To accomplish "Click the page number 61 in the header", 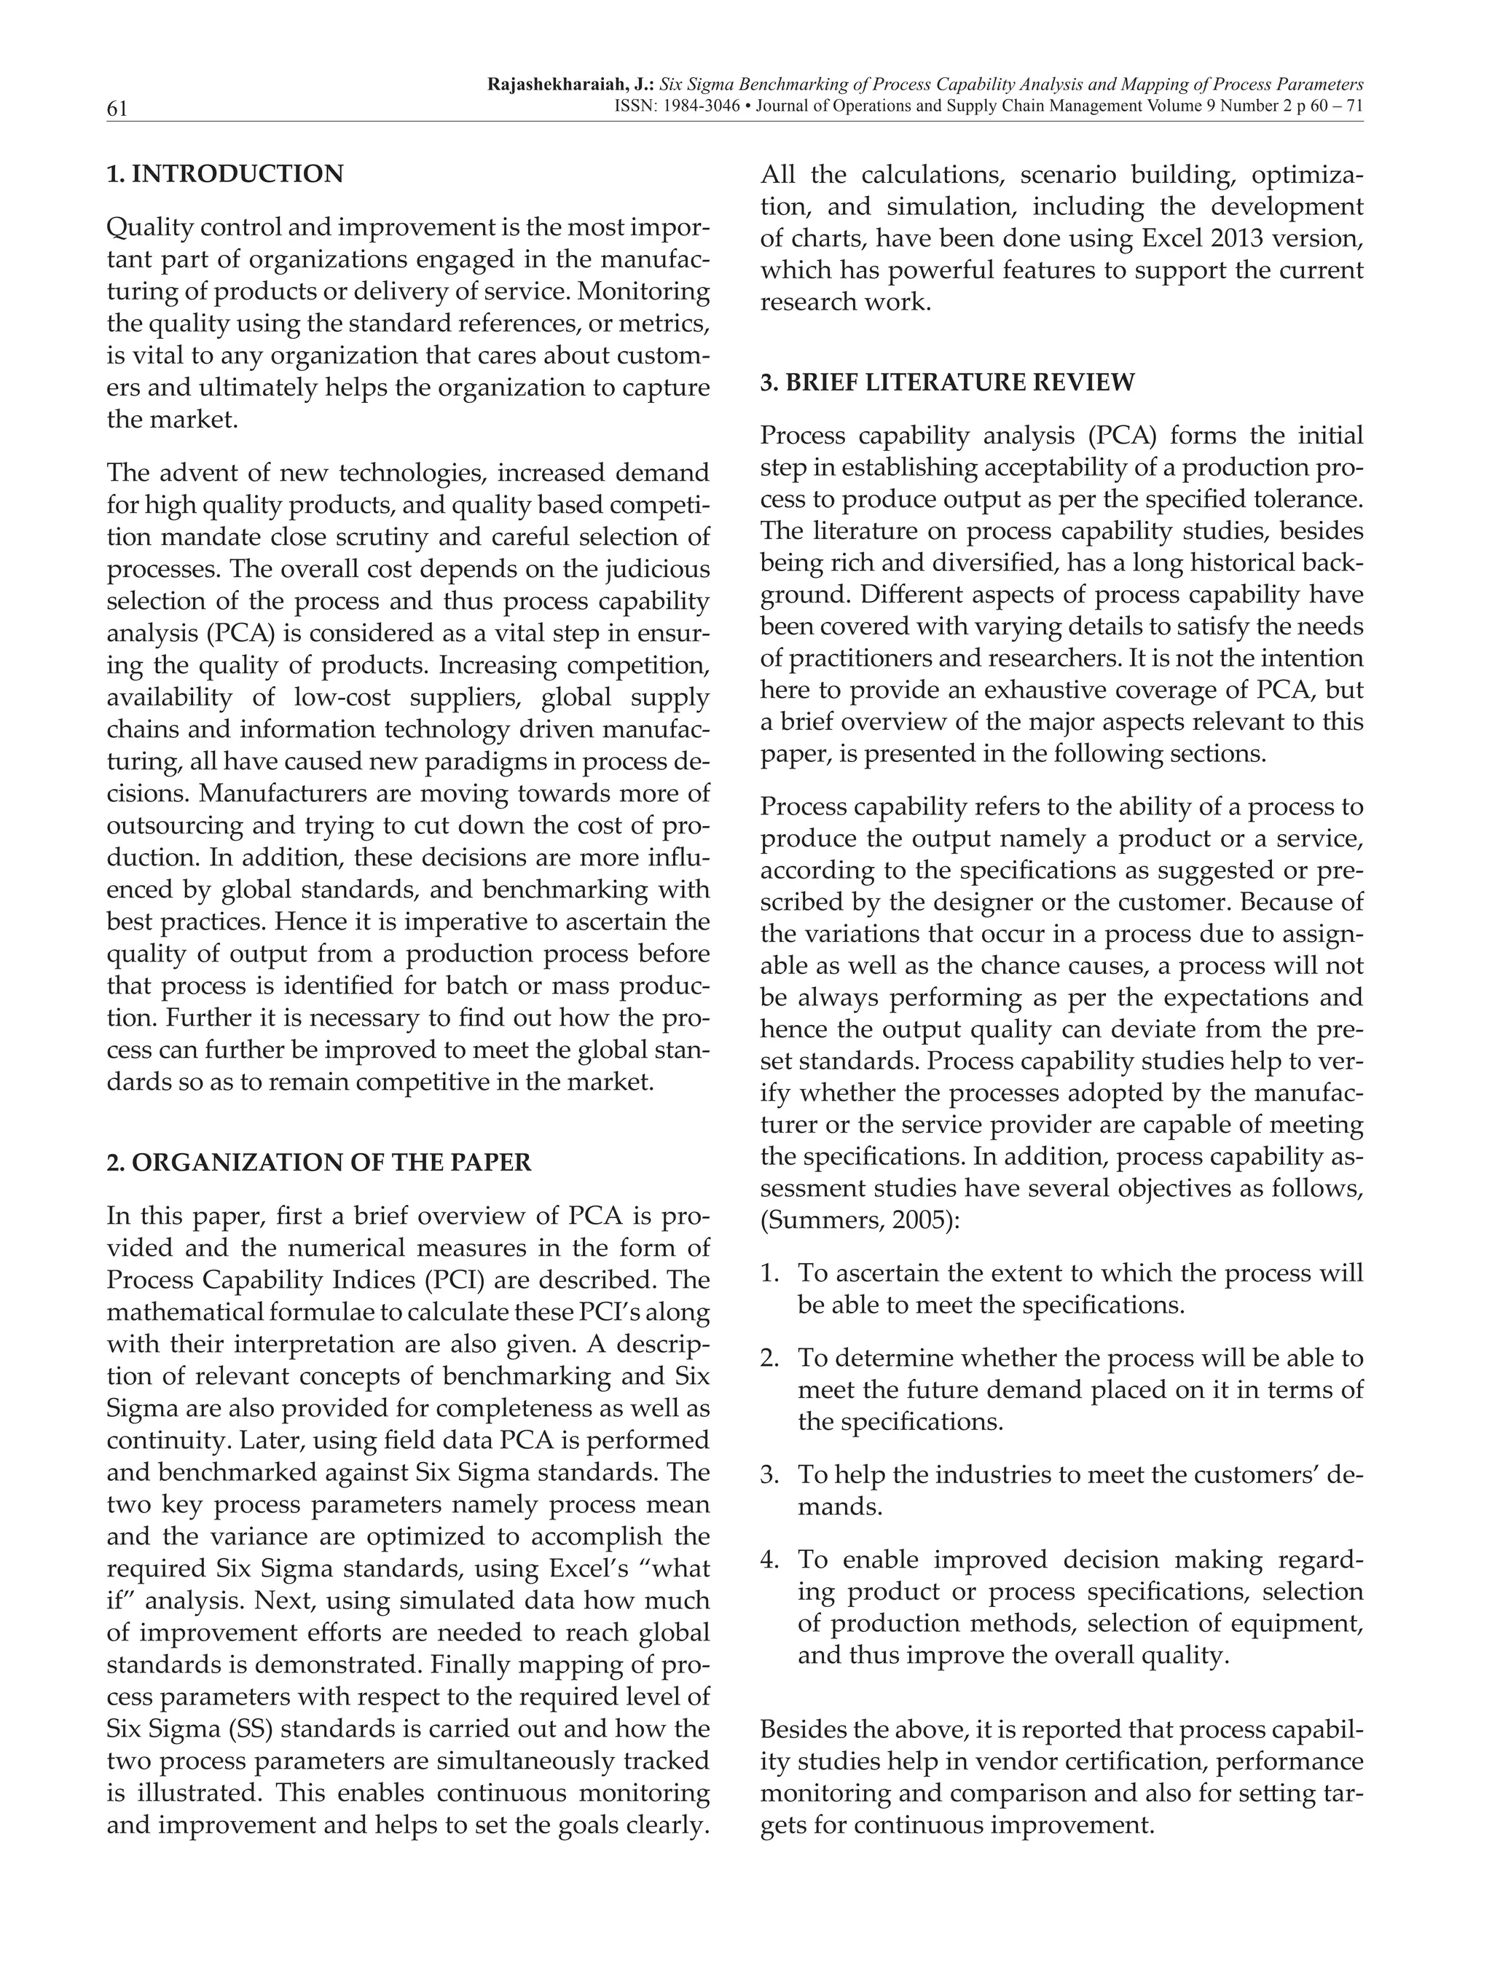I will click(117, 109).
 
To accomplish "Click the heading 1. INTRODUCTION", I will click(224, 174).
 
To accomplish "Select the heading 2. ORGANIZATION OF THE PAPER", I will click(319, 1163).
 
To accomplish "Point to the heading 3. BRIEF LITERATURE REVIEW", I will click(948, 382).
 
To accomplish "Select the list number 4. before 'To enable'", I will click(770, 1560).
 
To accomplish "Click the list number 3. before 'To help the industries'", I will click(770, 1474).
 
